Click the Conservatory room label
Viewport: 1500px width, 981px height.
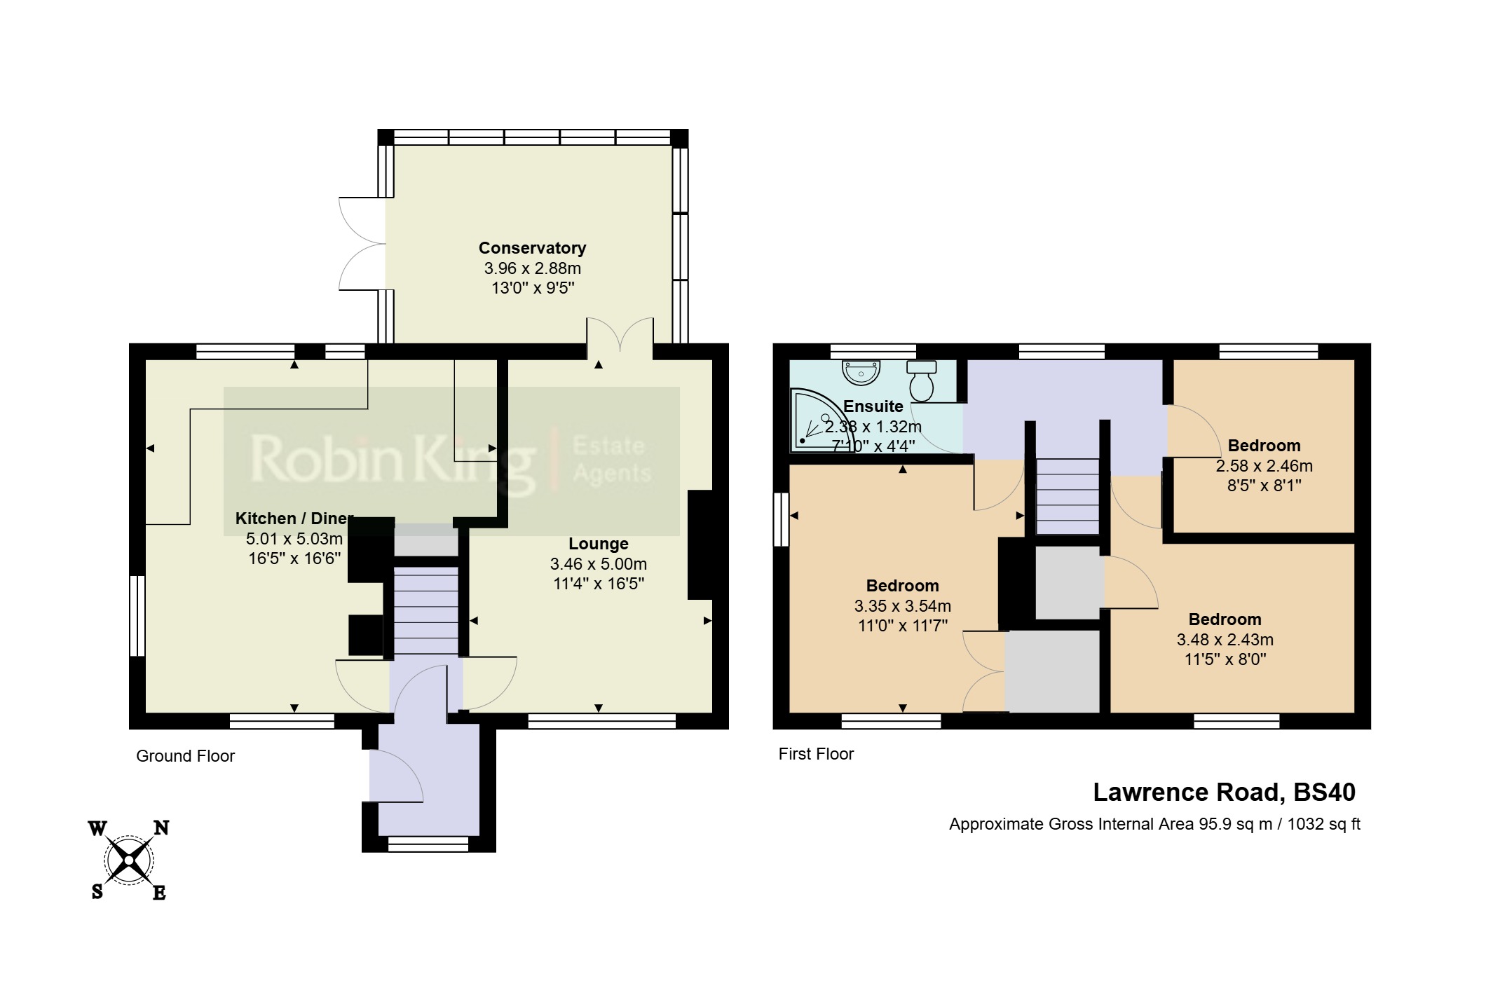532,248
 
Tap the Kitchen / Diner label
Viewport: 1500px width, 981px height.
294,519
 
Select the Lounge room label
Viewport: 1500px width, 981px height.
598,544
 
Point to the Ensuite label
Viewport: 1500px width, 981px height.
873,406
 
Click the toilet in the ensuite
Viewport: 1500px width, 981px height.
922,380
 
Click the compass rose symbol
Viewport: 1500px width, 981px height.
129,859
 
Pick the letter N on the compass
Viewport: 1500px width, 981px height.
161,828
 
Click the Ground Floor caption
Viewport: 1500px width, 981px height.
185,756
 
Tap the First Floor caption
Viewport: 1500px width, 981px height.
816,754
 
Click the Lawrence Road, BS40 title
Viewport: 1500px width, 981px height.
1224,793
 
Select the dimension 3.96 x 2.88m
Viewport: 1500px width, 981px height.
532,268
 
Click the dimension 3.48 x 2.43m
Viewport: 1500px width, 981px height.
1225,640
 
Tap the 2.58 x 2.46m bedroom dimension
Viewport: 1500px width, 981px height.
1264,466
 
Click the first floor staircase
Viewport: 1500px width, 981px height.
1067,496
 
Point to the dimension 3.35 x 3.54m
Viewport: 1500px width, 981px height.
902,606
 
